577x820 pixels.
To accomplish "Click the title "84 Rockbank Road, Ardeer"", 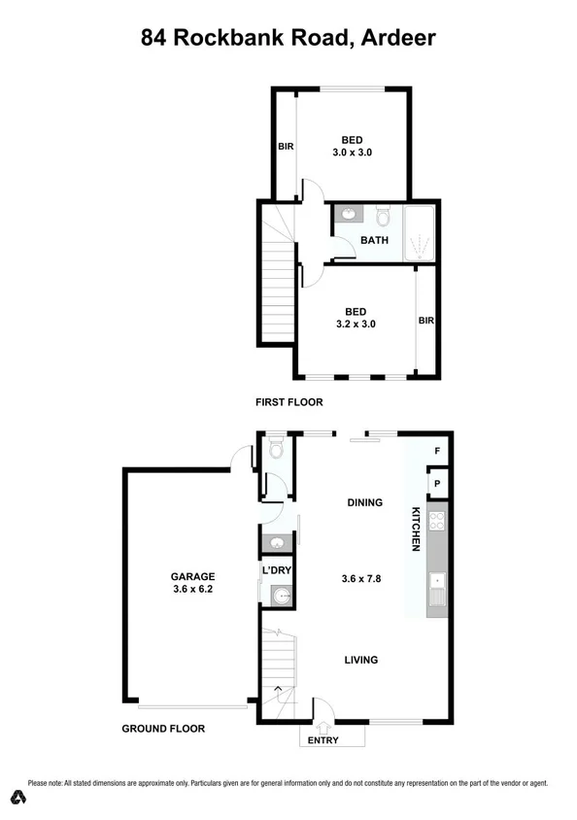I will coord(288,38).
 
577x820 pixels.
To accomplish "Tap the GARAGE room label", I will coord(193,575).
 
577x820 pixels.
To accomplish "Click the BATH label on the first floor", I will coord(374,240).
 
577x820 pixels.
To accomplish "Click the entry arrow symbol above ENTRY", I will coord(324,722).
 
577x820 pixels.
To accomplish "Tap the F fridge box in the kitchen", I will coord(438,451).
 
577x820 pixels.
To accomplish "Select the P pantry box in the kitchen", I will coord(438,484).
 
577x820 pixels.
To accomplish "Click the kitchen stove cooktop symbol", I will coord(437,521).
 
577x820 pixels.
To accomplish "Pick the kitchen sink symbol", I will coord(437,590).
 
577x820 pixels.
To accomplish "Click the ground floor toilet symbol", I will coord(277,449).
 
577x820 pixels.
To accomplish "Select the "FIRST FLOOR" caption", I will coord(288,401).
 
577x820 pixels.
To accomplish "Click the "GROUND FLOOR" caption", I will coord(163,729).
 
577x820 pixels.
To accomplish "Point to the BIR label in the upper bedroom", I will coord(286,147).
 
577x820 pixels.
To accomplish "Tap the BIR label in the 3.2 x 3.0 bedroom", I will coord(425,320).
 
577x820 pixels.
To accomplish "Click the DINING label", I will coord(364,502).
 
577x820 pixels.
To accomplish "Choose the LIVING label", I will coord(360,660).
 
